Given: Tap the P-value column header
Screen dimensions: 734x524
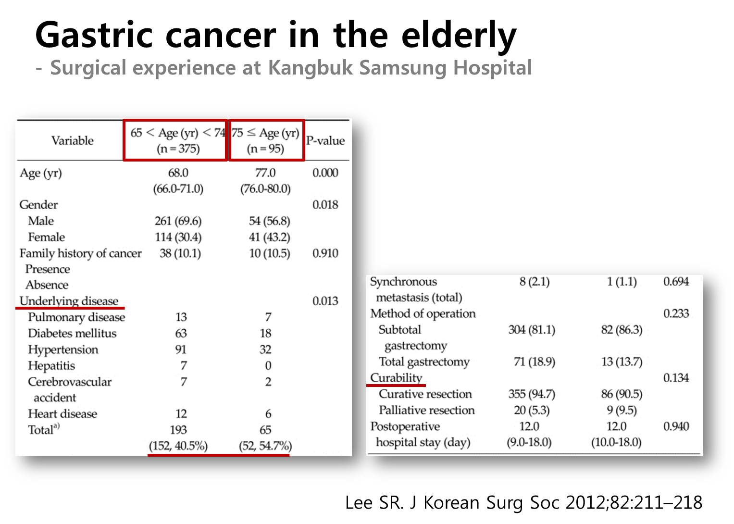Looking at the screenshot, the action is coord(325,140).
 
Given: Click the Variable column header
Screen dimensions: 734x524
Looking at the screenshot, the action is coord(73,140).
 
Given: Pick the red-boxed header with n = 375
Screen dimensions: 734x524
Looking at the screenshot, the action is coord(175,140).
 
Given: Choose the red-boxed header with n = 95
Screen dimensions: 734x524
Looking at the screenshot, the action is coord(266,140).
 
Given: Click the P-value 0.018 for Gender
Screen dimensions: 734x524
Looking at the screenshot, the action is coord(325,205).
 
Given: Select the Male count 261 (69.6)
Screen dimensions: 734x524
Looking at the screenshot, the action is coord(178,221).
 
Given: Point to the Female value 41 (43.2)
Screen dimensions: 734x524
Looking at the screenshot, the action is coord(269,237).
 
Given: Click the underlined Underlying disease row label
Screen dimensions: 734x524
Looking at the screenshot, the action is coord(69,301).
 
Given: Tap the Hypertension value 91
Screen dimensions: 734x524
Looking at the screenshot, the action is coord(181,349).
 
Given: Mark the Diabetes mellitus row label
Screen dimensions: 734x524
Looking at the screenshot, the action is coord(72,333).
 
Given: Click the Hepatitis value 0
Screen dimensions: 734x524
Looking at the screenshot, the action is coord(268,365).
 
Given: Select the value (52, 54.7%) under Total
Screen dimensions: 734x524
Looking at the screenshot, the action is coord(265,446).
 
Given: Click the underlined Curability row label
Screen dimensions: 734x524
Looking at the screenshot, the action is coord(396,378).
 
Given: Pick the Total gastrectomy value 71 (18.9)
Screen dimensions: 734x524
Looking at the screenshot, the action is coord(535,362).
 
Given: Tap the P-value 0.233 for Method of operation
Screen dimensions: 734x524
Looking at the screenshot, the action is coord(676,313).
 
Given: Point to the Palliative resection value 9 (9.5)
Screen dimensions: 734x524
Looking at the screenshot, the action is coord(622,410).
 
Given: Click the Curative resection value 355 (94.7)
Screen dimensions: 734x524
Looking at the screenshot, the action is coord(532,394).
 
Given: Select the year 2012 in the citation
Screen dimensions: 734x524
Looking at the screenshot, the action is coord(585,503).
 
